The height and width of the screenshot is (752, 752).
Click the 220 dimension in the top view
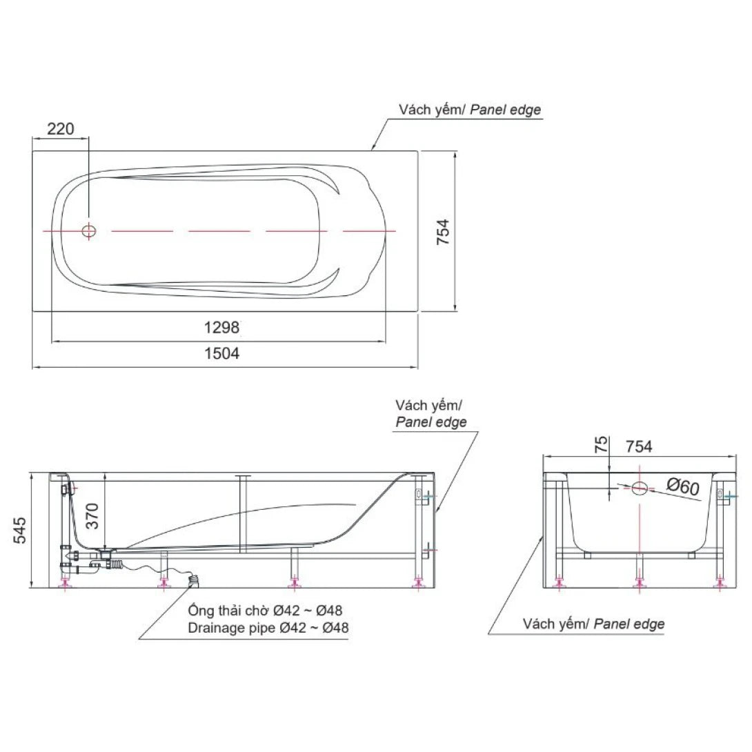pos(60,128)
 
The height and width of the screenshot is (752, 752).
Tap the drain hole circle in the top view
pos(89,231)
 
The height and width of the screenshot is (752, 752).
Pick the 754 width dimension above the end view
pos(639,446)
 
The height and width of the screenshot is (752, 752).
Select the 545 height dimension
pos(21,529)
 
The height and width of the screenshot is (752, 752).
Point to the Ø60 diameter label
pos(682,487)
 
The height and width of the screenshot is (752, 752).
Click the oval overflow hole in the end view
pos(640,488)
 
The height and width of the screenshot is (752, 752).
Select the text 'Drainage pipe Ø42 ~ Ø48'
pos(268,628)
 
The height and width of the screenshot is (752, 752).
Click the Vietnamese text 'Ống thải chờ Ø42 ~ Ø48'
pos(265,611)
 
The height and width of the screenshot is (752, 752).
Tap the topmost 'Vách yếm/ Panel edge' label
pos(469,110)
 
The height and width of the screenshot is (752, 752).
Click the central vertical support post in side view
pos(243,513)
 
